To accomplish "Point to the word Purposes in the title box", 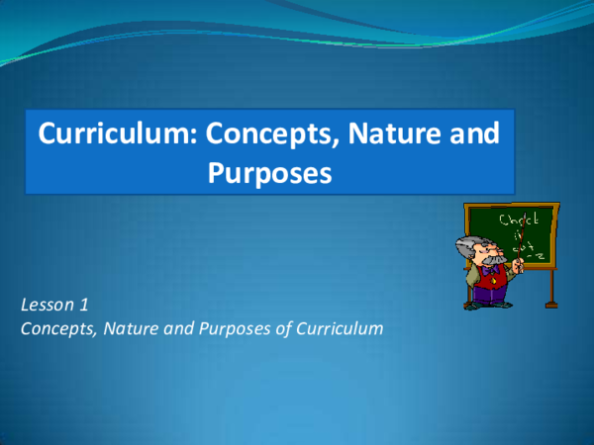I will (x=267, y=173).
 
